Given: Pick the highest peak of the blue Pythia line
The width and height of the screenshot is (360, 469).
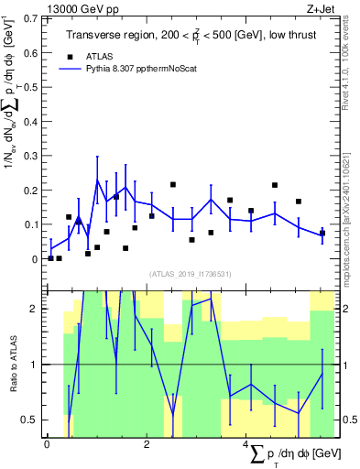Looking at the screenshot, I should (x=97, y=180).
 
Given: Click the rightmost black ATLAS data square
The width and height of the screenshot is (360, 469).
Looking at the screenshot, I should (x=322, y=233).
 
